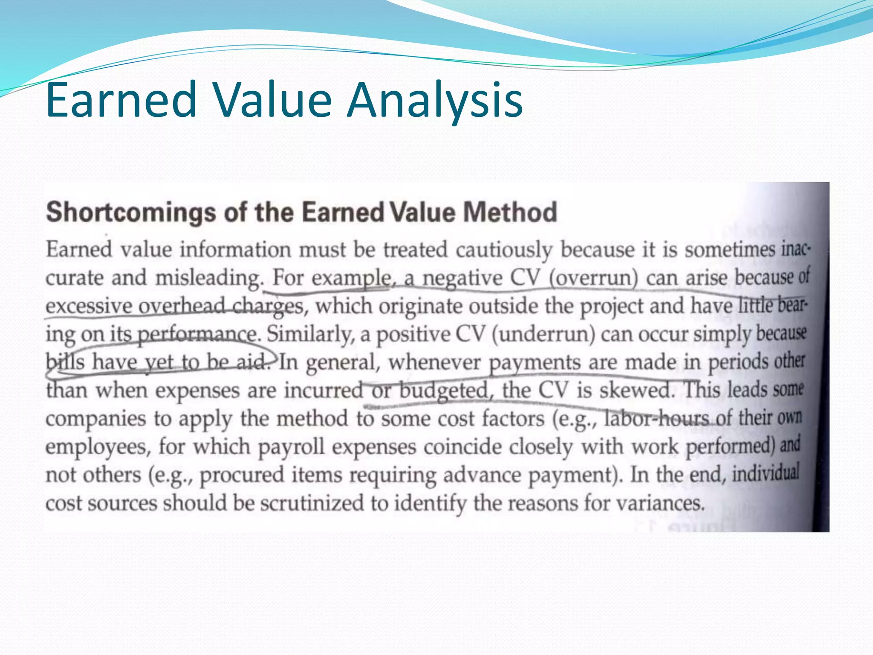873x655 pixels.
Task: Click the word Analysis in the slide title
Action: pos(435,101)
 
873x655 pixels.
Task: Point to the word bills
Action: pos(65,362)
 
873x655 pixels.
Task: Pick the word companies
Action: pos(96,419)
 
